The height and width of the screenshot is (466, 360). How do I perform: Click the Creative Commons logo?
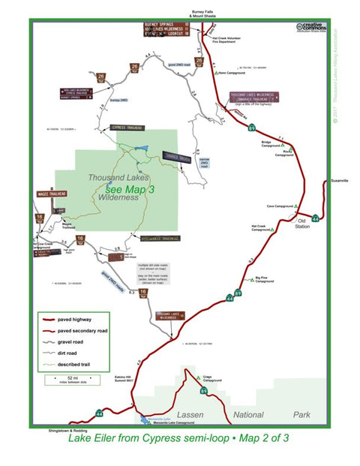coord(309,28)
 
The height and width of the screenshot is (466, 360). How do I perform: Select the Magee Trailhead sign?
coord(52,194)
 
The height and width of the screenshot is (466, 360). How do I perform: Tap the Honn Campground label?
coord(233,73)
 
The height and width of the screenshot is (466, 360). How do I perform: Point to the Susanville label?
coord(339,182)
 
